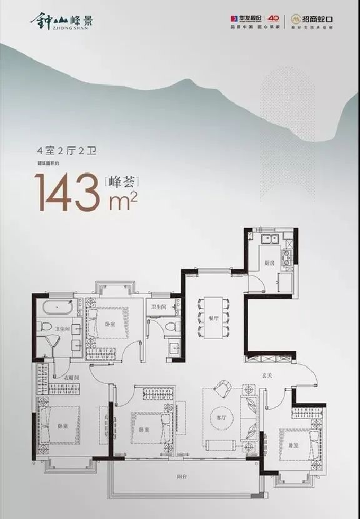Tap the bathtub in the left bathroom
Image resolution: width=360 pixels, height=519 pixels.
(x=57, y=307)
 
